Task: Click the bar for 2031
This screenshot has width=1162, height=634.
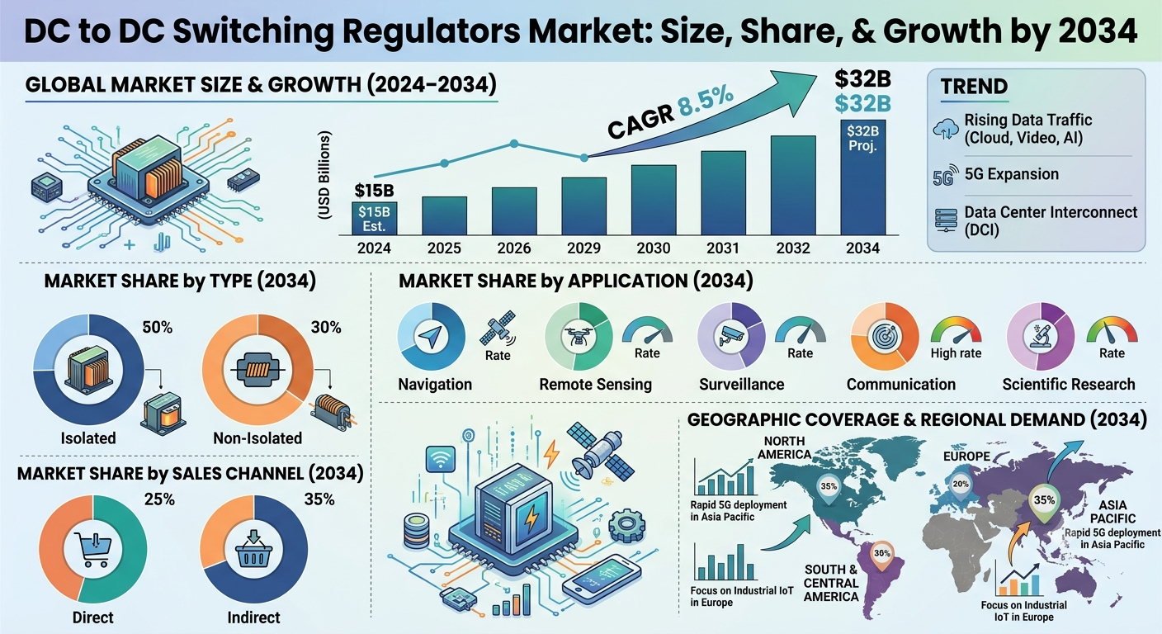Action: coord(723,193)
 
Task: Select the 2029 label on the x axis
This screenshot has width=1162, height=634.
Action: coord(583,248)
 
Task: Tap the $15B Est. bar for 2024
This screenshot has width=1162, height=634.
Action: coord(374,219)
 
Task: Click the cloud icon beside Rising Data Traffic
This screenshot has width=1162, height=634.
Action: coord(945,129)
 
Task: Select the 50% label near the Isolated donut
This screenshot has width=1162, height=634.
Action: coord(157,328)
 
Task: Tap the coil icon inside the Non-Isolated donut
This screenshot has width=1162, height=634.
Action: coord(257,369)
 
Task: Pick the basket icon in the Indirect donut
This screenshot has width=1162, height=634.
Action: coord(253,548)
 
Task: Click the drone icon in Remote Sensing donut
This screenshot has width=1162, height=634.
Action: coord(578,336)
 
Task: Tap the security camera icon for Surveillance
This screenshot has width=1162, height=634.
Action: coord(730,336)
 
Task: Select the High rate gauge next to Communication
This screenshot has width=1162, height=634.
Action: coord(956,330)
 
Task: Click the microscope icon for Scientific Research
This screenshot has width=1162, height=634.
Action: coord(1040,336)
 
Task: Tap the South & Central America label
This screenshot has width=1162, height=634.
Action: coord(831,583)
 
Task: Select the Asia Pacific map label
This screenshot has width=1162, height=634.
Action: coord(1112,512)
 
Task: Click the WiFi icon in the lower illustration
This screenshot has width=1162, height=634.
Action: coord(441,460)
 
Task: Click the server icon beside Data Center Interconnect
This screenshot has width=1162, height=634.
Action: coord(945,220)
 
